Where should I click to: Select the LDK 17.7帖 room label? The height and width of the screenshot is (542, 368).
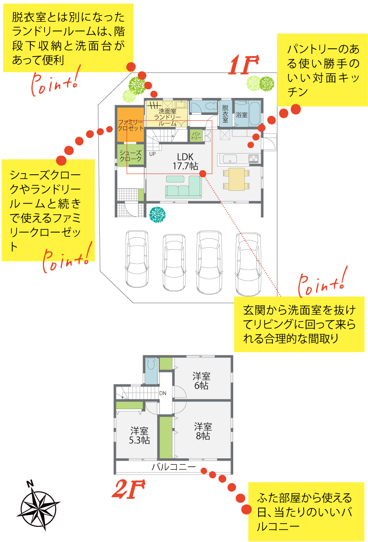point(185,161)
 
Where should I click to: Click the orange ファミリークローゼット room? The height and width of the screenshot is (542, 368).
point(130,125)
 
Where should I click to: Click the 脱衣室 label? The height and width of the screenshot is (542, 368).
point(225,113)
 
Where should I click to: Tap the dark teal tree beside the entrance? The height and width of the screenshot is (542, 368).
point(157,214)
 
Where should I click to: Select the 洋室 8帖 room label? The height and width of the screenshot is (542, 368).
point(202,431)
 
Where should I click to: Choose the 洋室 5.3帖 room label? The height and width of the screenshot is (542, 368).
point(139,435)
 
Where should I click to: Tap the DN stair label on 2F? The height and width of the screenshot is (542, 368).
point(163,394)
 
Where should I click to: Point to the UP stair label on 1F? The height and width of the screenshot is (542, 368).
point(152,154)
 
